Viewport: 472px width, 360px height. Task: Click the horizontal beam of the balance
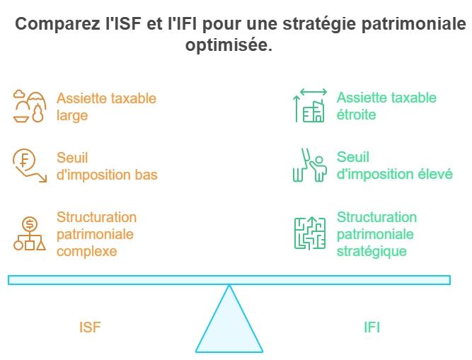[x=229, y=280]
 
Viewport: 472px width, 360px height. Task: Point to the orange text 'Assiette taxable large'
[x=106, y=106]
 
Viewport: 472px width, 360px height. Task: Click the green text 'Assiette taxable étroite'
[x=386, y=106]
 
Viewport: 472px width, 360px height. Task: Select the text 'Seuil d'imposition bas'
[x=107, y=166]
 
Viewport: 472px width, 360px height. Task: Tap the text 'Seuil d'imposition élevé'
[x=394, y=166]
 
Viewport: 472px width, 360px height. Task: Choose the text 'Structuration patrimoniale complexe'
[x=96, y=233]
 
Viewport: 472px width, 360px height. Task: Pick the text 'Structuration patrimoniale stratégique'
[x=376, y=233]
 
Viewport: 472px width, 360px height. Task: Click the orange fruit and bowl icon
[x=30, y=106]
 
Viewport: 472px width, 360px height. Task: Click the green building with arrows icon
[x=309, y=106]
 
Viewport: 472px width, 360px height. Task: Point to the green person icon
[x=309, y=166]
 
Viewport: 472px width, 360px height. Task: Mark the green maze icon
[x=309, y=233]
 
